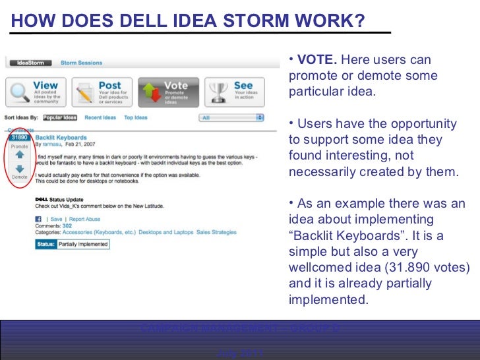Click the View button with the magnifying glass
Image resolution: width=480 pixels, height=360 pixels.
[36, 92]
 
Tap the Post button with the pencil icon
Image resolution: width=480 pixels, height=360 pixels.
[102, 92]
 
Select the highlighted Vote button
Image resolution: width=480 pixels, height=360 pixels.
[167, 92]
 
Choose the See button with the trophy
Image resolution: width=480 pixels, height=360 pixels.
[234, 92]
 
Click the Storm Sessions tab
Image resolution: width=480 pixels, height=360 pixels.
[81, 63]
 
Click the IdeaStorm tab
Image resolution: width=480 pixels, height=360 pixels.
[30, 63]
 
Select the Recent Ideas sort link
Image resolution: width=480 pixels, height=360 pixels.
[100, 118]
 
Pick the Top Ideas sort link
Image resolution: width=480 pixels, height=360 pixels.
[136, 118]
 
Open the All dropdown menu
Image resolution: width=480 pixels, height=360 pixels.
[231, 118]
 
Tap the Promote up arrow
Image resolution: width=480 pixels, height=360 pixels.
[19, 155]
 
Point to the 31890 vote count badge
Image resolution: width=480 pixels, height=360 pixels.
[19, 138]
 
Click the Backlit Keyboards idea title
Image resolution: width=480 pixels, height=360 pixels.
[61, 138]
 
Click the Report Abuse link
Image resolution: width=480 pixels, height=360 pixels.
[84, 219]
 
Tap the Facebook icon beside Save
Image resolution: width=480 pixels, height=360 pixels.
[38, 219]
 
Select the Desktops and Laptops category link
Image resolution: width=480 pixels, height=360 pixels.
[165, 232]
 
